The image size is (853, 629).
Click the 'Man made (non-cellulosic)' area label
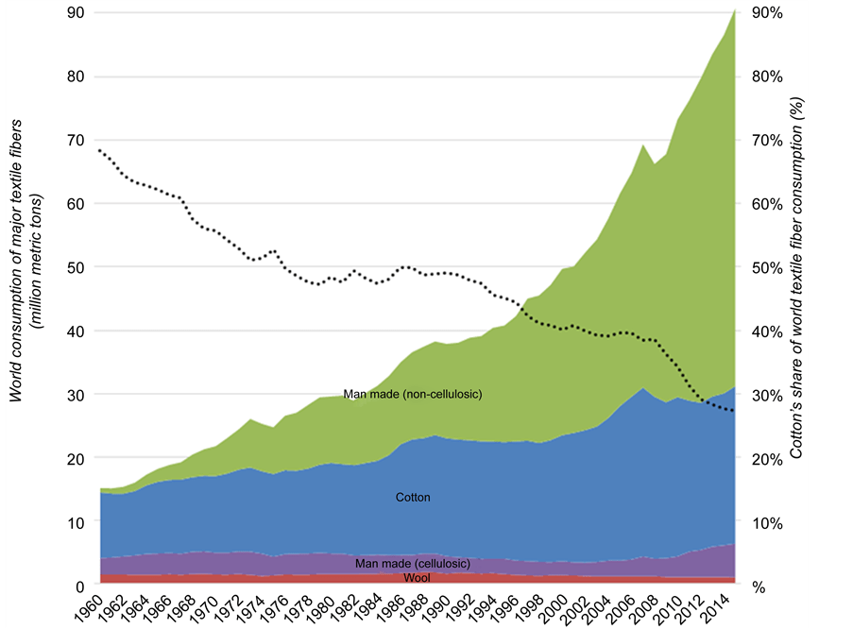click(413, 394)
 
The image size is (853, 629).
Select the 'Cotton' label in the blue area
click(413, 497)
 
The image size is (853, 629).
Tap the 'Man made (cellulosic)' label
click(413, 564)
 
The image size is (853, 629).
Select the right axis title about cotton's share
click(796, 279)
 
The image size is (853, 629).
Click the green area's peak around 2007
click(642, 145)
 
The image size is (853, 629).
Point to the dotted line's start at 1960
click(100, 151)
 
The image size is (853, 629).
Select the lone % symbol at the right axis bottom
click(757, 586)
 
